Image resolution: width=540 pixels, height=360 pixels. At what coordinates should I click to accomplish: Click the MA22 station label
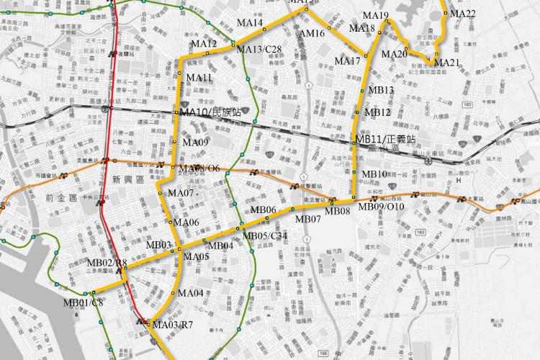click(x=462, y=14)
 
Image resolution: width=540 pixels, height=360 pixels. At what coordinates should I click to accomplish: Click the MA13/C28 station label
click(x=259, y=49)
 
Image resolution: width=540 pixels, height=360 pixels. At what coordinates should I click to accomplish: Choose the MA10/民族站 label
click(x=210, y=112)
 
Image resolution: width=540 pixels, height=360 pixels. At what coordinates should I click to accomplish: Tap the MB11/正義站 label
click(x=386, y=138)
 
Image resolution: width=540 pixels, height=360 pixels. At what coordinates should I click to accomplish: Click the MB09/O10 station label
click(x=382, y=207)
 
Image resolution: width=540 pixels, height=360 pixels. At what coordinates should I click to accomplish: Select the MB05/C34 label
click(x=265, y=235)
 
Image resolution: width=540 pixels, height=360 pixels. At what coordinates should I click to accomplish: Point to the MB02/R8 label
click(x=107, y=262)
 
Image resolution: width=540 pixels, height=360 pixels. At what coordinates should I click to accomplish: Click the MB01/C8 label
click(x=84, y=302)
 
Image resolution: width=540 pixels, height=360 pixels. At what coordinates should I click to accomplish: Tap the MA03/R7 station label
click(x=173, y=325)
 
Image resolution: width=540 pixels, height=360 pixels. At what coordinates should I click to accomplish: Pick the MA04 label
click(x=191, y=293)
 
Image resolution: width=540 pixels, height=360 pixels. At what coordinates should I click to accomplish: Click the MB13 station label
click(x=381, y=90)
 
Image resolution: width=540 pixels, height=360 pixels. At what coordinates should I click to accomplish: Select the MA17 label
click(x=347, y=61)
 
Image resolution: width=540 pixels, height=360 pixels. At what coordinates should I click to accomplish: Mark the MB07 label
click(x=307, y=219)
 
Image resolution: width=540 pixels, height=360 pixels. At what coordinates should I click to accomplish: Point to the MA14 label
click(x=249, y=23)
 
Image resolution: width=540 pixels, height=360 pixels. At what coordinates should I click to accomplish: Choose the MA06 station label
click(x=186, y=222)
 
